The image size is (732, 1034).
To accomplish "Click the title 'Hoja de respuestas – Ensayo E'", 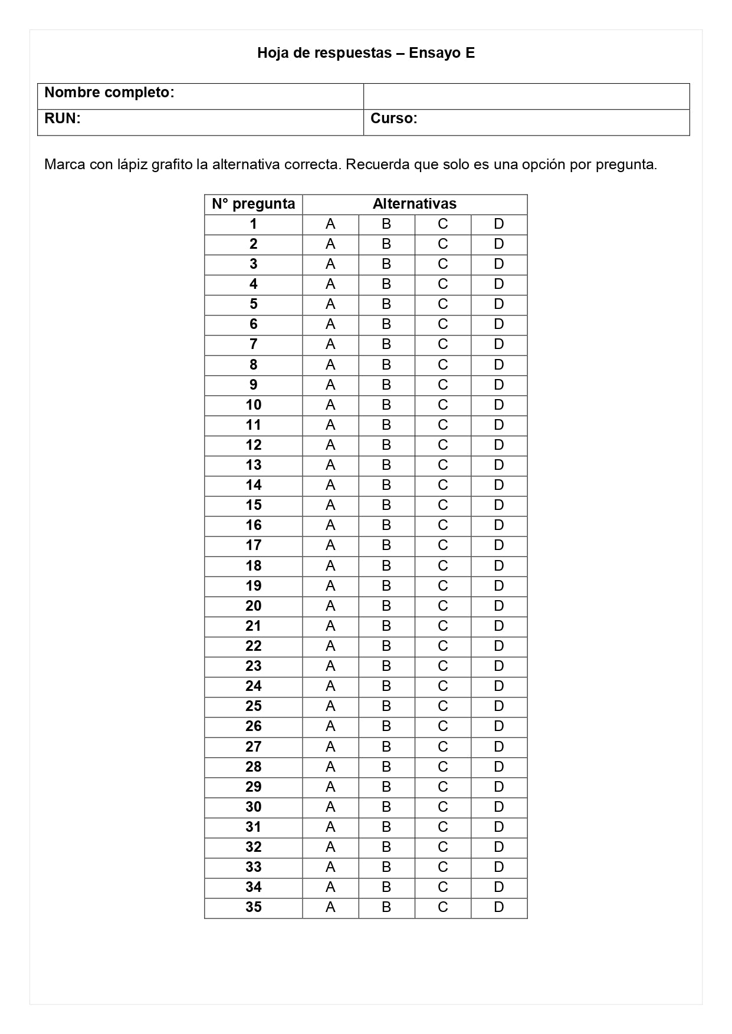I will pos(366,53).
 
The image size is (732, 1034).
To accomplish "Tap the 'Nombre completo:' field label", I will pos(109,93).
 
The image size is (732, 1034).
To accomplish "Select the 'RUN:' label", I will pos(62,118).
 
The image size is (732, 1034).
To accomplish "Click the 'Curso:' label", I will pos(393,118).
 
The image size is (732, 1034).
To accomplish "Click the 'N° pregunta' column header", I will pos(253,204).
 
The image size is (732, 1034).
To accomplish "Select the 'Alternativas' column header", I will pos(414,204).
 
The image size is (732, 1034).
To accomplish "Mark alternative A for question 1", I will pos(330,224).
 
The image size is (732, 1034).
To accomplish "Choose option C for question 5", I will pos(442,304).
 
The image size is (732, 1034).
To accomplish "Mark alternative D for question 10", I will pos(499,405).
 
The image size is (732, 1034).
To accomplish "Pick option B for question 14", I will pos(386,485).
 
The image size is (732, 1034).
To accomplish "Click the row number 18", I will pos(253,566).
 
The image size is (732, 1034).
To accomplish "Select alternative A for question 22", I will pos(330,646).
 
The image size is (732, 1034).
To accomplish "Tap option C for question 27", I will pos(442,747).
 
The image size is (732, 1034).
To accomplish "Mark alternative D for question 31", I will pos(499,827).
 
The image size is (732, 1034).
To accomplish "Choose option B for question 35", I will pos(386,907).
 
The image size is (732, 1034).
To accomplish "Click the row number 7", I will pos(253,344).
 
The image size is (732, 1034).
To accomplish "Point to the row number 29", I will pos(253,787).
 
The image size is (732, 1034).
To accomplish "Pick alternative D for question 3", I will pos(499,264).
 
